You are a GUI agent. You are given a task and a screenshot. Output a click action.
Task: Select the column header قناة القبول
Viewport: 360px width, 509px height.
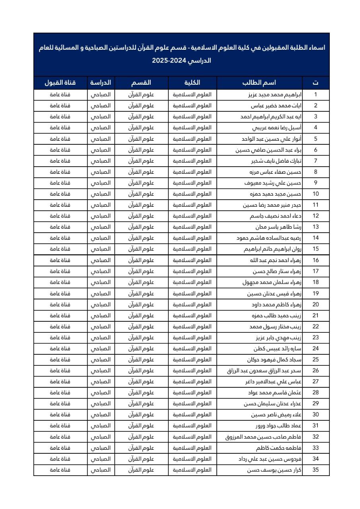(x=60, y=83)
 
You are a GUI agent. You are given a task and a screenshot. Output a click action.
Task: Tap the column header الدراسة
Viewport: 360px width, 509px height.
(x=101, y=83)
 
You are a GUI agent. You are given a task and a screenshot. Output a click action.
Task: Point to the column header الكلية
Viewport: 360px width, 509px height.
(x=193, y=83)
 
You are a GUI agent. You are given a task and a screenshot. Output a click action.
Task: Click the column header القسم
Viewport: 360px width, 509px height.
(x=141, y=83)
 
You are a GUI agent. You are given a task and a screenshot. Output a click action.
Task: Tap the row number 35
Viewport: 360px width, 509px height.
(x=315, y=470)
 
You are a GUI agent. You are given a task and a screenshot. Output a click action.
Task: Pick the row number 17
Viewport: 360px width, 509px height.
(x=315, y=272)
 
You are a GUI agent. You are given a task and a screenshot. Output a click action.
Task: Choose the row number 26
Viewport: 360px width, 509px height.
(x=315, y=371)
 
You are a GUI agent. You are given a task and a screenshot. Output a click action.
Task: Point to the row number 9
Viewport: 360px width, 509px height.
(x=315, y=183)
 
